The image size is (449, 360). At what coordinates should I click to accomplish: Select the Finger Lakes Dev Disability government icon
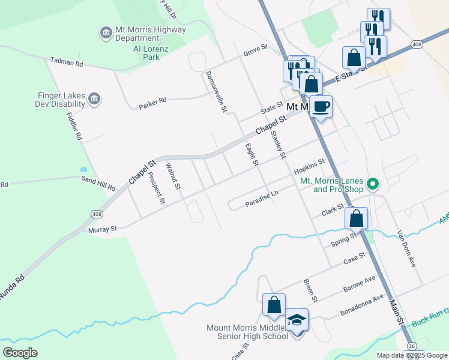(x=94, y=99)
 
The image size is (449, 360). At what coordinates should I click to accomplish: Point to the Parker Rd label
(x=152, y=103)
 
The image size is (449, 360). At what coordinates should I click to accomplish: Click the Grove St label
(x=255, y=53)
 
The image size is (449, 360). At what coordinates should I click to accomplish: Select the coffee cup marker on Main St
(x=321, y=107)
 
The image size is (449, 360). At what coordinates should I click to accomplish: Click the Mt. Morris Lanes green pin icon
(x=372, y=184)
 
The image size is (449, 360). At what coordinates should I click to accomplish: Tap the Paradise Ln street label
(x=262, y=200)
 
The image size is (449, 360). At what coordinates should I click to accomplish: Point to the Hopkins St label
(x=309, y=166)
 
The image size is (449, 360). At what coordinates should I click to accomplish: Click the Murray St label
(x=102, y=229)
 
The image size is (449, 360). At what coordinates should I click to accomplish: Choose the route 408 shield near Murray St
(x=96, y=214)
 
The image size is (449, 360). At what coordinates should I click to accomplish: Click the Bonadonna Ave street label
(x=361, y=305)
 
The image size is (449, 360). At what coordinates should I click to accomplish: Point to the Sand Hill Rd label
(x=99, y=182)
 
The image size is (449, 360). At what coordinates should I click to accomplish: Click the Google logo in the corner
(x=20, y=353)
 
